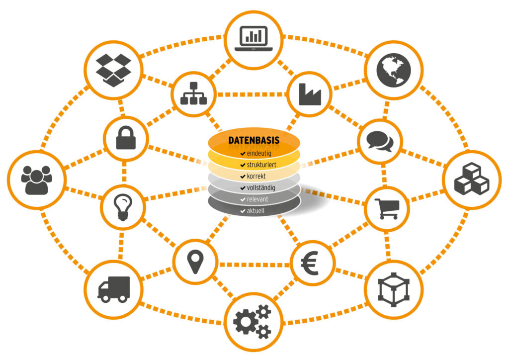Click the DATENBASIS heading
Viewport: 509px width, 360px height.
(x=254, y=140)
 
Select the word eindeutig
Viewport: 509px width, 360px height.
(x=259, y=153)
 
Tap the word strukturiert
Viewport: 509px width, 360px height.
(x=261, y=165)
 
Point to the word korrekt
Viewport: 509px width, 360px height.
(x=256, y=176)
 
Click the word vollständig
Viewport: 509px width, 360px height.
(x=261, y=188)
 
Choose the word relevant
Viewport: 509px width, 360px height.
(x=257, y=199)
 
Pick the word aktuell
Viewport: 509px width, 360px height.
(x=255, y=211)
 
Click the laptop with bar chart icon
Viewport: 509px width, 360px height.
(x=254, y=39)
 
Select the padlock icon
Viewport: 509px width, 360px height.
(x=126, y=138)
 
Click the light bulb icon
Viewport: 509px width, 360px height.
(x=123, y=207)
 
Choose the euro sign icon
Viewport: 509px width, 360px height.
(x=310, y=263)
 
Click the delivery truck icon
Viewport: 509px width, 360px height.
(x=114, y=289)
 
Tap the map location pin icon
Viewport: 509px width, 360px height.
(x=195, y=262)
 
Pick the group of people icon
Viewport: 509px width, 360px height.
(x=37, y=180)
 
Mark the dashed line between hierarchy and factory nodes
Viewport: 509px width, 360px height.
(x=252, y=94)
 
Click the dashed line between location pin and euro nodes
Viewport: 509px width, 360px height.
(x=254, y=265)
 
